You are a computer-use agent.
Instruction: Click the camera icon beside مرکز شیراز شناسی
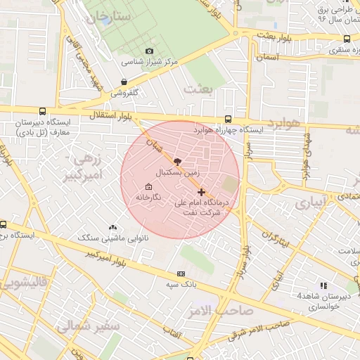(149, 51)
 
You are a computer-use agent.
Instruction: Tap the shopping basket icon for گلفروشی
(124, 82)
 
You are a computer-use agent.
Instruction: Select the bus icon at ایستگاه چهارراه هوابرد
(228, 120)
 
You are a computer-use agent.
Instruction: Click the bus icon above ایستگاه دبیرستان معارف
(43, 111)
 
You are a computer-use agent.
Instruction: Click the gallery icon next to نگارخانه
(148, 187)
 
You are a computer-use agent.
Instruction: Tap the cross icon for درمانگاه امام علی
(202, 192)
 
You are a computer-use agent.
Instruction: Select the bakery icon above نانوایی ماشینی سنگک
(112, 227)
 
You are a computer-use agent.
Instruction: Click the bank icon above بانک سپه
(181, 274)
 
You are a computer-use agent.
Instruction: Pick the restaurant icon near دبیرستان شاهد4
(323, 285)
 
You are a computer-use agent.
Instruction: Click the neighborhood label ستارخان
(105, 15)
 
